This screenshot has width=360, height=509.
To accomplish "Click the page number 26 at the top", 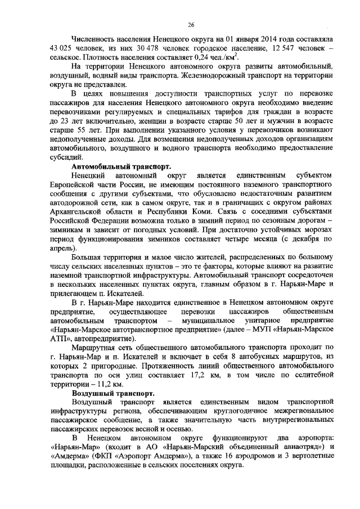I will (191, 25).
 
